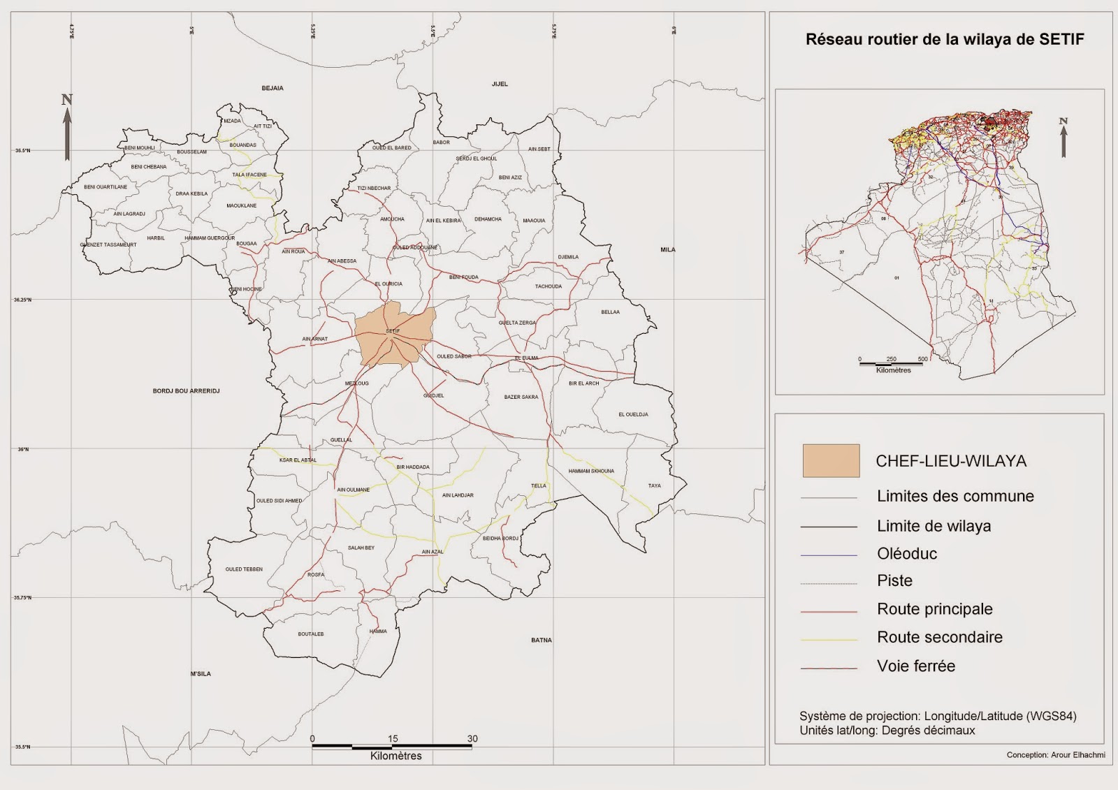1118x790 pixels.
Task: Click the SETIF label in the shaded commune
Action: [x=393, y=331]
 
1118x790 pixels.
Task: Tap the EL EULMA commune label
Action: [x=527, y=358]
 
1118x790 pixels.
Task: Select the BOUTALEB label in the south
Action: [x=311, y=634]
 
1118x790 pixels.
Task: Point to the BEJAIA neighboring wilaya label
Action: [x=273, y=88]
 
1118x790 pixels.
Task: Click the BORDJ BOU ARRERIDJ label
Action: [x=186, y=391]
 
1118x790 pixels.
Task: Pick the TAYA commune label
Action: [x=654, y=485]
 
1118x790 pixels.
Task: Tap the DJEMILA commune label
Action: [x=568, y=257]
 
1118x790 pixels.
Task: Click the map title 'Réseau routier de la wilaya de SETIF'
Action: [x=945, y=40]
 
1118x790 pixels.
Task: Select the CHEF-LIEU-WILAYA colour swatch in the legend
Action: [x=831, y=461]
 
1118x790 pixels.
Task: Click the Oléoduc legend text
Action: [x=907, y=554]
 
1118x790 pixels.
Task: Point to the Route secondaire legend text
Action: [x=939, y=637]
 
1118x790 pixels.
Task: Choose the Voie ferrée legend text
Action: [x=915, y=666]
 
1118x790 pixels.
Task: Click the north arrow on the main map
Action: [x=67, y=129]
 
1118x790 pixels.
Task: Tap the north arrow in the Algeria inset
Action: [x=1063, y=138]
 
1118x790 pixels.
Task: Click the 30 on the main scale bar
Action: [x=472, y=738]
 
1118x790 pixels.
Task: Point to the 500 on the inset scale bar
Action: [x=922, y=359]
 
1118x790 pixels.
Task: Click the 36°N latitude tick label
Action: [x=23, y=449]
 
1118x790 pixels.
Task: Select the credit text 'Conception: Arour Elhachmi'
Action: [x=1055, y=755]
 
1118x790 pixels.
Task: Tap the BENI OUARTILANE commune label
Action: [x=106, y=187]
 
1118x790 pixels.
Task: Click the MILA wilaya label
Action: [x=667, y=249]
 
